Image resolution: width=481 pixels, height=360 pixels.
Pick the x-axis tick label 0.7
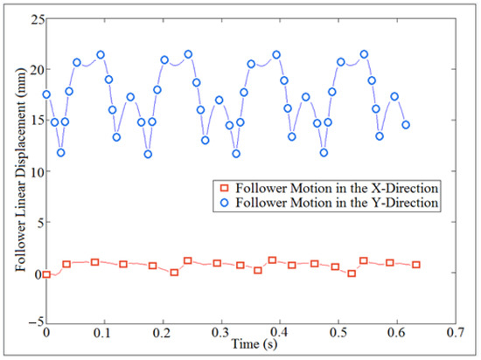tap(454, 334)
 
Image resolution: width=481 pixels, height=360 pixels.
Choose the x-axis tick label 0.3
tap(221, 334)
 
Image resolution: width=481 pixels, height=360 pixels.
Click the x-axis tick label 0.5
tap(338, 334)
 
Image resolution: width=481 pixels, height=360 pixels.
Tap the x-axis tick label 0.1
tap(105, 334)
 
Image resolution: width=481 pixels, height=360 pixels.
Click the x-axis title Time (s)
tap(250, 345)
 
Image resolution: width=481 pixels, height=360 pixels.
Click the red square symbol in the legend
tap(227, 188)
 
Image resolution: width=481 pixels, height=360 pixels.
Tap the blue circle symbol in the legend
tap(227, 203)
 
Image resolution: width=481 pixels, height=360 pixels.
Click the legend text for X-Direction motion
tap(339, 188)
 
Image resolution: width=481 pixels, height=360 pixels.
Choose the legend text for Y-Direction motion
tap(339, 203)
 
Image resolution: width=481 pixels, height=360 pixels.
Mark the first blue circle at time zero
tap(46, 94)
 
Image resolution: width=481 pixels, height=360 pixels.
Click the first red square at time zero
tap(46, 274)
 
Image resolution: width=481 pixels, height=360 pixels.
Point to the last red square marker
tap(416, 265)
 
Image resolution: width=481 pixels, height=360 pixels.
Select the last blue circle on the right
tap(406, 125)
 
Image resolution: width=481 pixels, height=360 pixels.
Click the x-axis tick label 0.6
tap(396, 334)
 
